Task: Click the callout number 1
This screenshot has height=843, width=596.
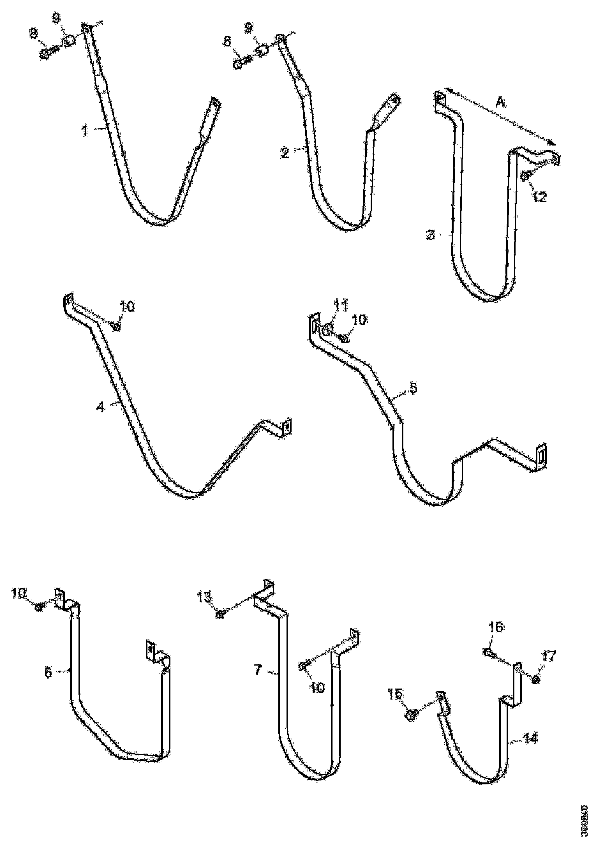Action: (85, 131)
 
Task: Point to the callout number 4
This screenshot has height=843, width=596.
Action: (101, 407)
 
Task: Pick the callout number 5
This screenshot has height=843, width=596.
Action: (413, 388)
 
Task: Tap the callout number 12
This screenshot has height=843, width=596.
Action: (539, 197)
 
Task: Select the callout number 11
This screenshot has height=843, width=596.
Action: (341, 306)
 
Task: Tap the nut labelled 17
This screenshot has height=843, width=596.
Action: (535, 679)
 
